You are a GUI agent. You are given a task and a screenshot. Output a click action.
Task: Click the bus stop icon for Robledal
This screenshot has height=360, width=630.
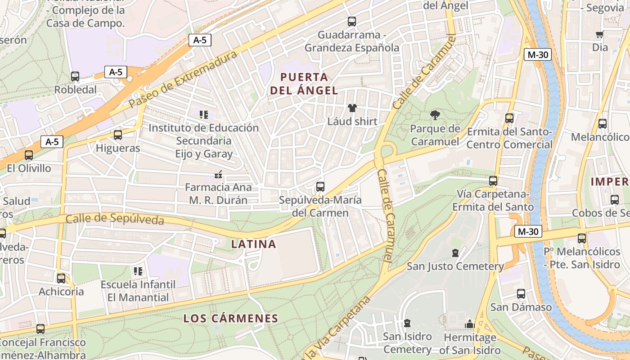[75, 76]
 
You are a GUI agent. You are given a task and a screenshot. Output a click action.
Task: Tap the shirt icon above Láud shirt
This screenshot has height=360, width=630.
[352, 108]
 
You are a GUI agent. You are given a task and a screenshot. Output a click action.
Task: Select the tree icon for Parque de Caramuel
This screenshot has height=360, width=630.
[435, 116]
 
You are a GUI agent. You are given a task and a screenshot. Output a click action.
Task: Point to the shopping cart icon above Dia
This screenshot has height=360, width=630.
[599, 35]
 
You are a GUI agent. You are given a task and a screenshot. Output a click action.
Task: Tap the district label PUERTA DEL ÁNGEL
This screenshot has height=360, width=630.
[304, 83]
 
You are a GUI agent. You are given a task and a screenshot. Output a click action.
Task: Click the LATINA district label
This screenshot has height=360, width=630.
[253, 244]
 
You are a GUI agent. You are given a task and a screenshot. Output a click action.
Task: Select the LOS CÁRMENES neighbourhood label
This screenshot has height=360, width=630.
[231, 319]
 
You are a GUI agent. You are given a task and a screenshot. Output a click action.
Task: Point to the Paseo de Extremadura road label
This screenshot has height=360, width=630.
[182, 79]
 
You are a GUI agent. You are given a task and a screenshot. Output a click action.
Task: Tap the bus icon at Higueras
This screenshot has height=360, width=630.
[118, 135]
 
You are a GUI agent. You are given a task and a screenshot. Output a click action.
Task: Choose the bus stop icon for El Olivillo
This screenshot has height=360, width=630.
[29, 155]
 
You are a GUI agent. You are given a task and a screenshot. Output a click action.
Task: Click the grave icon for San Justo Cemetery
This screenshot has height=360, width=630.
[455, 253]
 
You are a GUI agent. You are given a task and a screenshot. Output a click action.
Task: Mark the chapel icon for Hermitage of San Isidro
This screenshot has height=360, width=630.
[470, 324]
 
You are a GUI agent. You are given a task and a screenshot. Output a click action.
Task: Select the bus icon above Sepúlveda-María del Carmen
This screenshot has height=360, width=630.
[320, 186]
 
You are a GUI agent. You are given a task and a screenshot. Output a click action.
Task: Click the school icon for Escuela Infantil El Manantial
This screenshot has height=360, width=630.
[138, 271]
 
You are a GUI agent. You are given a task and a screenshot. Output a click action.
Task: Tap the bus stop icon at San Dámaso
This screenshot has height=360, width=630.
[521, 294]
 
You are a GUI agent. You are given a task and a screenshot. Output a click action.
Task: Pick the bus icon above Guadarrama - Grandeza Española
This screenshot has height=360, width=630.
[352, 21]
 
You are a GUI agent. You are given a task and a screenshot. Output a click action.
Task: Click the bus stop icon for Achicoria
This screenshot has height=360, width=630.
[61, 278]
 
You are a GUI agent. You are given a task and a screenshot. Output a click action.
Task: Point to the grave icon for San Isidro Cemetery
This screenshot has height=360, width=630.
[407, 323]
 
